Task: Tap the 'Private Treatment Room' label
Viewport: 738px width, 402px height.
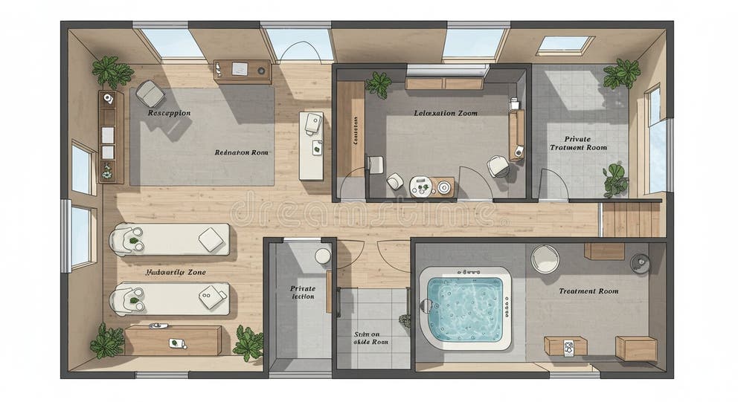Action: coord(578,143)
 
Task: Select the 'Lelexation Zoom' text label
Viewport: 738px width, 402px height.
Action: coord(446,114)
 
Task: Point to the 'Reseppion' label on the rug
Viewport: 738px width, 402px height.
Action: coord(169,113)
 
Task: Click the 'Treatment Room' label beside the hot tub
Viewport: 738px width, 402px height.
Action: coord(588,291)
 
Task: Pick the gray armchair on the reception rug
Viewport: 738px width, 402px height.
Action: coord(150,94)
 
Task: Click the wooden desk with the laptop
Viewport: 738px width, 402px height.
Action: coord(242,71)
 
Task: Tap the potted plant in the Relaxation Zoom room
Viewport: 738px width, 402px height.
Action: coord(379,84)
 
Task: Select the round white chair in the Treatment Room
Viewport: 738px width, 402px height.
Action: coord(545,259)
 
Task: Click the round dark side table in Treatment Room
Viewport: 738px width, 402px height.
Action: coord(639,263)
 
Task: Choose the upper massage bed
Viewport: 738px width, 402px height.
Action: coord(169,239)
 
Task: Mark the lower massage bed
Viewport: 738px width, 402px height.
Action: coord(169,299)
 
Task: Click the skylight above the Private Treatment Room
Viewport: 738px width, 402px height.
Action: coord(565,45)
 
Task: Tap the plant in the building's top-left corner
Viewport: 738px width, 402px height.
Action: coord(112,72)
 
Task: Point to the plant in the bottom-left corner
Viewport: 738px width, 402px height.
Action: coord(108,341)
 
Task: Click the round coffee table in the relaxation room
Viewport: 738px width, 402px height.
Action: coord(421,186)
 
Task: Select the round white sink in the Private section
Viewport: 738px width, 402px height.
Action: coord(323,256)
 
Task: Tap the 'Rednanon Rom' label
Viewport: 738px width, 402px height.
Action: coord(242,152)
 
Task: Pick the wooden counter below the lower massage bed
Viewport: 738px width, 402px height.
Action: coord(173,340)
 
